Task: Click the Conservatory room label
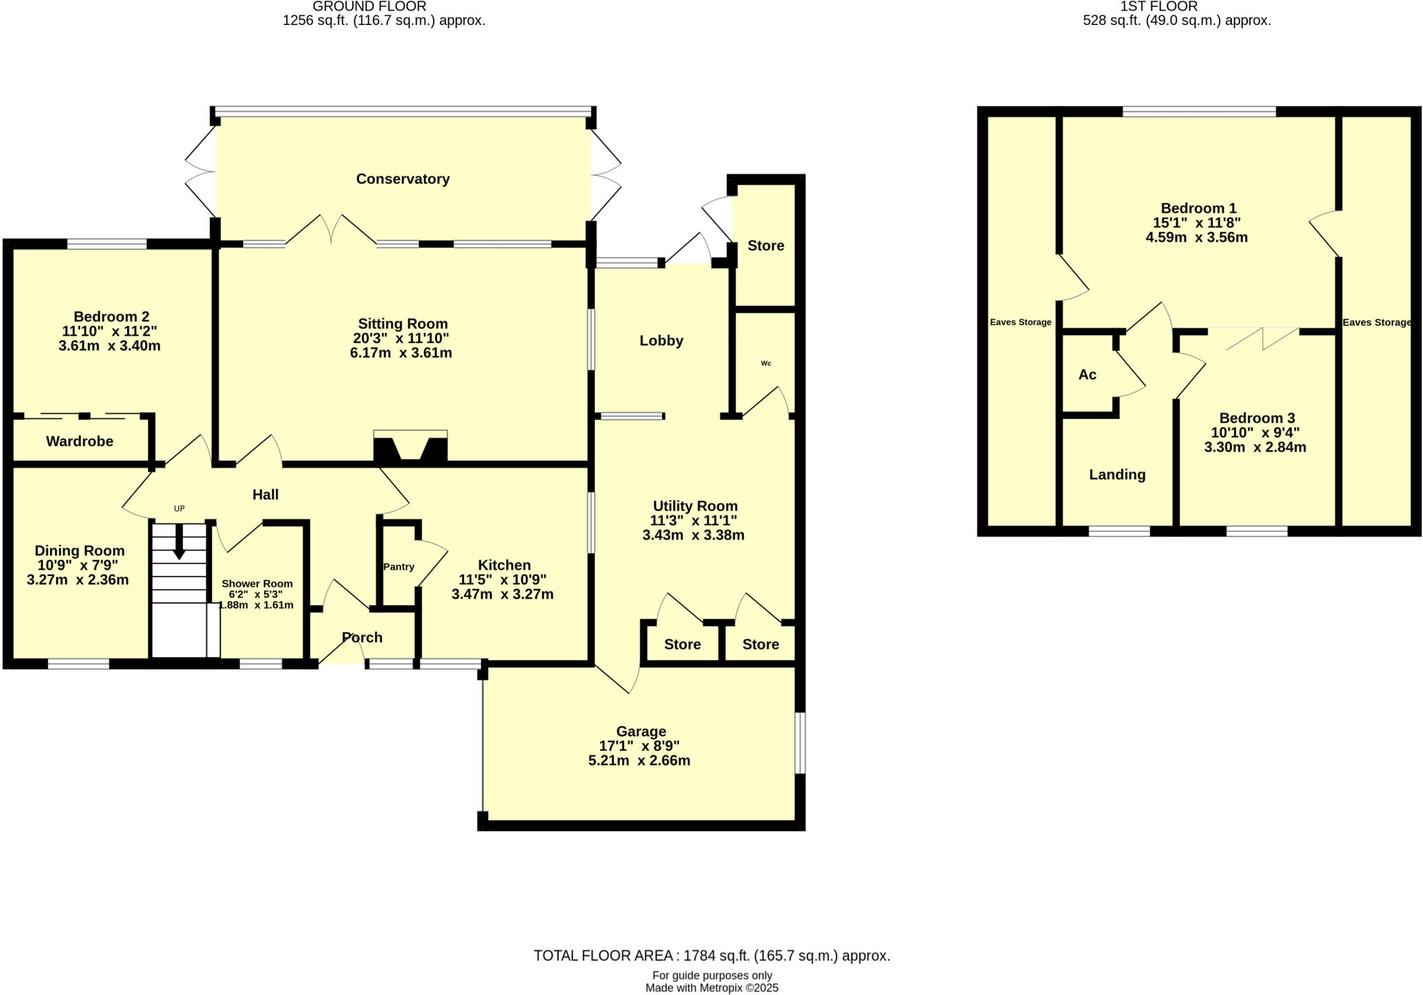[x=402, y=179]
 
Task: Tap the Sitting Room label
[x=402, y=324]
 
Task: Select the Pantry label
[x=399, y=567]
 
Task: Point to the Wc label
[x=766, y=363]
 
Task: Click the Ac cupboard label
[x=1087, y=375]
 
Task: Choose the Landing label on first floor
[x=1117, y=475]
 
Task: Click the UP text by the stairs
[x=179, y=509]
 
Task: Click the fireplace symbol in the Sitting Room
[x=410, y=447]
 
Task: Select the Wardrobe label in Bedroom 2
[x=80, y=442]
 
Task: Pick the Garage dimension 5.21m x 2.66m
[x=639, y=761]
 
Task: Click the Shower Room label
[x=257, y=584]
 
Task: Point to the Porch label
[x=362, y=638]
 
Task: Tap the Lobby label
[x=661, y=341]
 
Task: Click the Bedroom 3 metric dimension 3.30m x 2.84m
[x=1255, y=447]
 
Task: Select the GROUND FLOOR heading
[x=369, y=7]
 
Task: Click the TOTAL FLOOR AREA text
[x=711, y=956]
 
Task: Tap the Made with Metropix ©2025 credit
[x=711, y=988]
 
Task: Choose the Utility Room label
[x=695, y=507]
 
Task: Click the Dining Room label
[x=80, y=551]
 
